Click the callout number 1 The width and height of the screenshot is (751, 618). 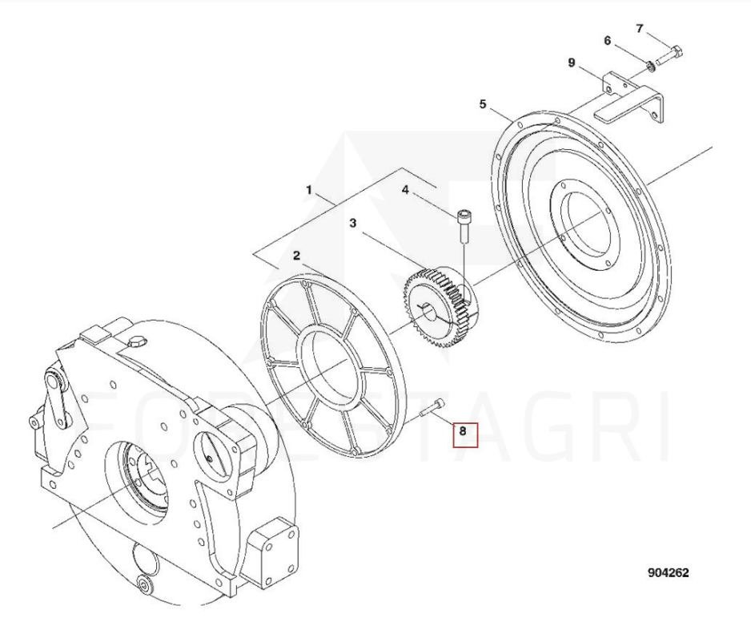click(309, 190)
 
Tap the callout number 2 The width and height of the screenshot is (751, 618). click(297, 256)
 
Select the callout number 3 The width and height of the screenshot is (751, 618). click(353, 223)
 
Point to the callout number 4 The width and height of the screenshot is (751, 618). click(405, 190)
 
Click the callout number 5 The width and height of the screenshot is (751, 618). click(482, 104)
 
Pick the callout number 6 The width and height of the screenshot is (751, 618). click(608, 41)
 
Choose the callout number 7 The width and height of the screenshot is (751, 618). click(640, 29)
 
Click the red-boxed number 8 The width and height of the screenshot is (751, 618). click(463, 431)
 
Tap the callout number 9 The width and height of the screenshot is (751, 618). click(572, 63)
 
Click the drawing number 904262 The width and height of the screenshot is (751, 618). click(669, 572)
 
